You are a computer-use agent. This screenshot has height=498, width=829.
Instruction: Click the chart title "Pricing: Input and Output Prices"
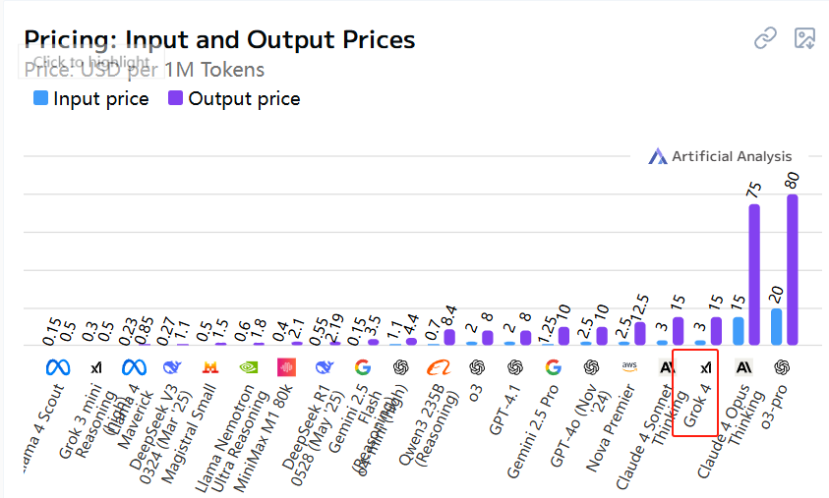point(219,39)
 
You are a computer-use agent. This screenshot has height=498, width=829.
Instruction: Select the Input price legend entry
point(91,98)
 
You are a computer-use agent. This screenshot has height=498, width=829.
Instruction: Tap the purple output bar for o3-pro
point(792,270)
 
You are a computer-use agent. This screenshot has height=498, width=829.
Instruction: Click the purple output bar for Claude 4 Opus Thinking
point(754,275)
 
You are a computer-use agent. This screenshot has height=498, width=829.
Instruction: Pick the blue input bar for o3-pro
point(776,327)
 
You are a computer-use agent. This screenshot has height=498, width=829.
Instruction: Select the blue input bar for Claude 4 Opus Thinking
point(739,331)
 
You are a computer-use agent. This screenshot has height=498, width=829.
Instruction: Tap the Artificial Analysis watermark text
point(731,156)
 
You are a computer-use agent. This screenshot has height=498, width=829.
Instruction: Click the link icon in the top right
point(765,38)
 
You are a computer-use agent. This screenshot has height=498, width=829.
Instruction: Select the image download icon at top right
point(805,38)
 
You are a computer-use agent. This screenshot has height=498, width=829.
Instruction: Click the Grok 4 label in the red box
point(697,406)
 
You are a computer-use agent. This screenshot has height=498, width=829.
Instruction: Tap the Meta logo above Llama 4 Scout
point(58,367)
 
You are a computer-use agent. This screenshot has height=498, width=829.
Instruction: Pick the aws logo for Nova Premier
point(629,366)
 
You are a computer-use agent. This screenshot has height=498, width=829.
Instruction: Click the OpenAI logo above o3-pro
point(783,367)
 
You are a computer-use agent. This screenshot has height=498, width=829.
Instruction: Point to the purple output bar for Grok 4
point(716,331)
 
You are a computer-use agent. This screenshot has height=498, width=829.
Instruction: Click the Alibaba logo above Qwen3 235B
point(438,367)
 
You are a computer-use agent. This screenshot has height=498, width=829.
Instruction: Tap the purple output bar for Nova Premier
point(640,334)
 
